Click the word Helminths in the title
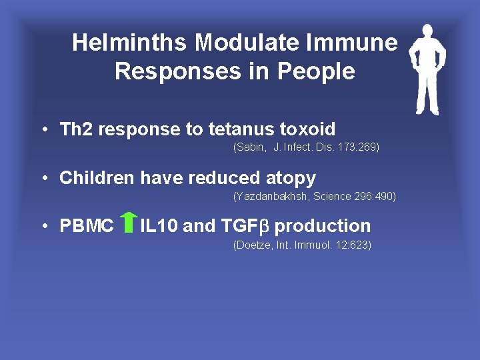[x=131, y=43]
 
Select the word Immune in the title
[x=353, y=43]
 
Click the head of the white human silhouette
[x=427, y=33]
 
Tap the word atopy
[x=290, y=178]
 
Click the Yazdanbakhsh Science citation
[x=314, y=196]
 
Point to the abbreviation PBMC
[x=87, y=226]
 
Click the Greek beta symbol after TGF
[x=263, y=227]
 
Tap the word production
[x=323, y=226]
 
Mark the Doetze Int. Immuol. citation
[x=302, y=245]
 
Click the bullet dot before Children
[x=42, y=178]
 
